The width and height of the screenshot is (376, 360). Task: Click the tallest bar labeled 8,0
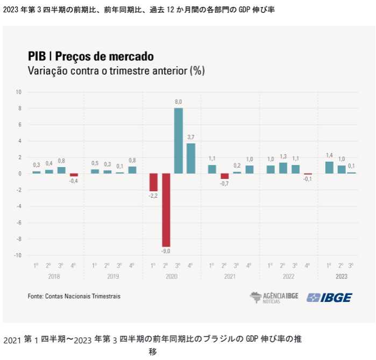tap(179, 141)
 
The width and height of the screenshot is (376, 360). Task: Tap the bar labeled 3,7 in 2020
tap(191, 158)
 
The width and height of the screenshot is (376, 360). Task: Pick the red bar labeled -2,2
tap(153, 182)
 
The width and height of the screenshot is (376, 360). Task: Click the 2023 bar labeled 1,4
tap(329, 168)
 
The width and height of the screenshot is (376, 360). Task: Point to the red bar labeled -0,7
tap(224, 176)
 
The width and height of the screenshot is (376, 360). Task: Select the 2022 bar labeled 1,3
tap(283, 168)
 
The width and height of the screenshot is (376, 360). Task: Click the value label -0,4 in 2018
tap(74, 181)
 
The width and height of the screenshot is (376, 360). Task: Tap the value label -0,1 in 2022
tap(308, 179)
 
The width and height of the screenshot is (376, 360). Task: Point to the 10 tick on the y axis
tap(18, 92)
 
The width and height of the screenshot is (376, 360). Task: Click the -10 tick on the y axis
tap(18, 255)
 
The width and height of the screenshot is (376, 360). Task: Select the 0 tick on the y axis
tap(19, 174)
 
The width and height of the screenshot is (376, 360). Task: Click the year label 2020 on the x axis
tap(172, 276)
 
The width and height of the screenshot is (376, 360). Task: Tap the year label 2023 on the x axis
tap(342, 276)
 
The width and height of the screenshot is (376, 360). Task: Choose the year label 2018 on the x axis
tap(54, 276)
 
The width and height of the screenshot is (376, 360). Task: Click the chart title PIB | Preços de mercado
tap(90, 56)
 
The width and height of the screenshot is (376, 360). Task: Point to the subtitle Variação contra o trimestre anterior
tap(116, 70)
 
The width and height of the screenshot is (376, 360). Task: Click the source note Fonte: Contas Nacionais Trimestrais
tap(74, 296)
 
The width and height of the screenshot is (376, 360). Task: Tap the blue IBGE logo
tap(329, 297)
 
